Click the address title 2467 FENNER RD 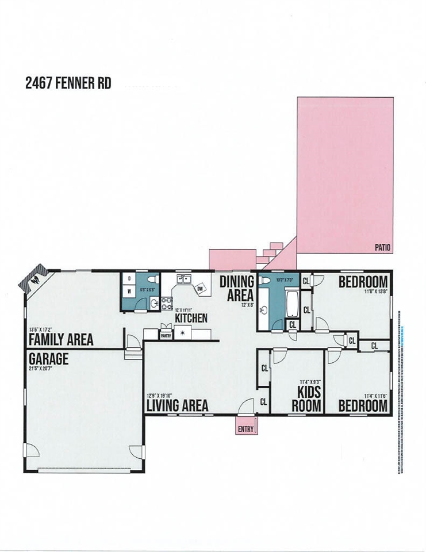[68, 83]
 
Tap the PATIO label [382, 248]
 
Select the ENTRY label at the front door [245, 428]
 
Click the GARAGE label [48, 359]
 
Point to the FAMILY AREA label [60, 340]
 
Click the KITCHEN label [191, 318]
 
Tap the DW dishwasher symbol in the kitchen [200, 289]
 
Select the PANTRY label [166, 333]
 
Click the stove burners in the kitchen [166, 303]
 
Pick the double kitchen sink [183, 280]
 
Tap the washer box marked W [129, 292]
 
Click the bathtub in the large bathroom [291, 304]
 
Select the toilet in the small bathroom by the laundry [152, 279]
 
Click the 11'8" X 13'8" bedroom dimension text [376, 292]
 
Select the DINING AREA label [236, 288]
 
